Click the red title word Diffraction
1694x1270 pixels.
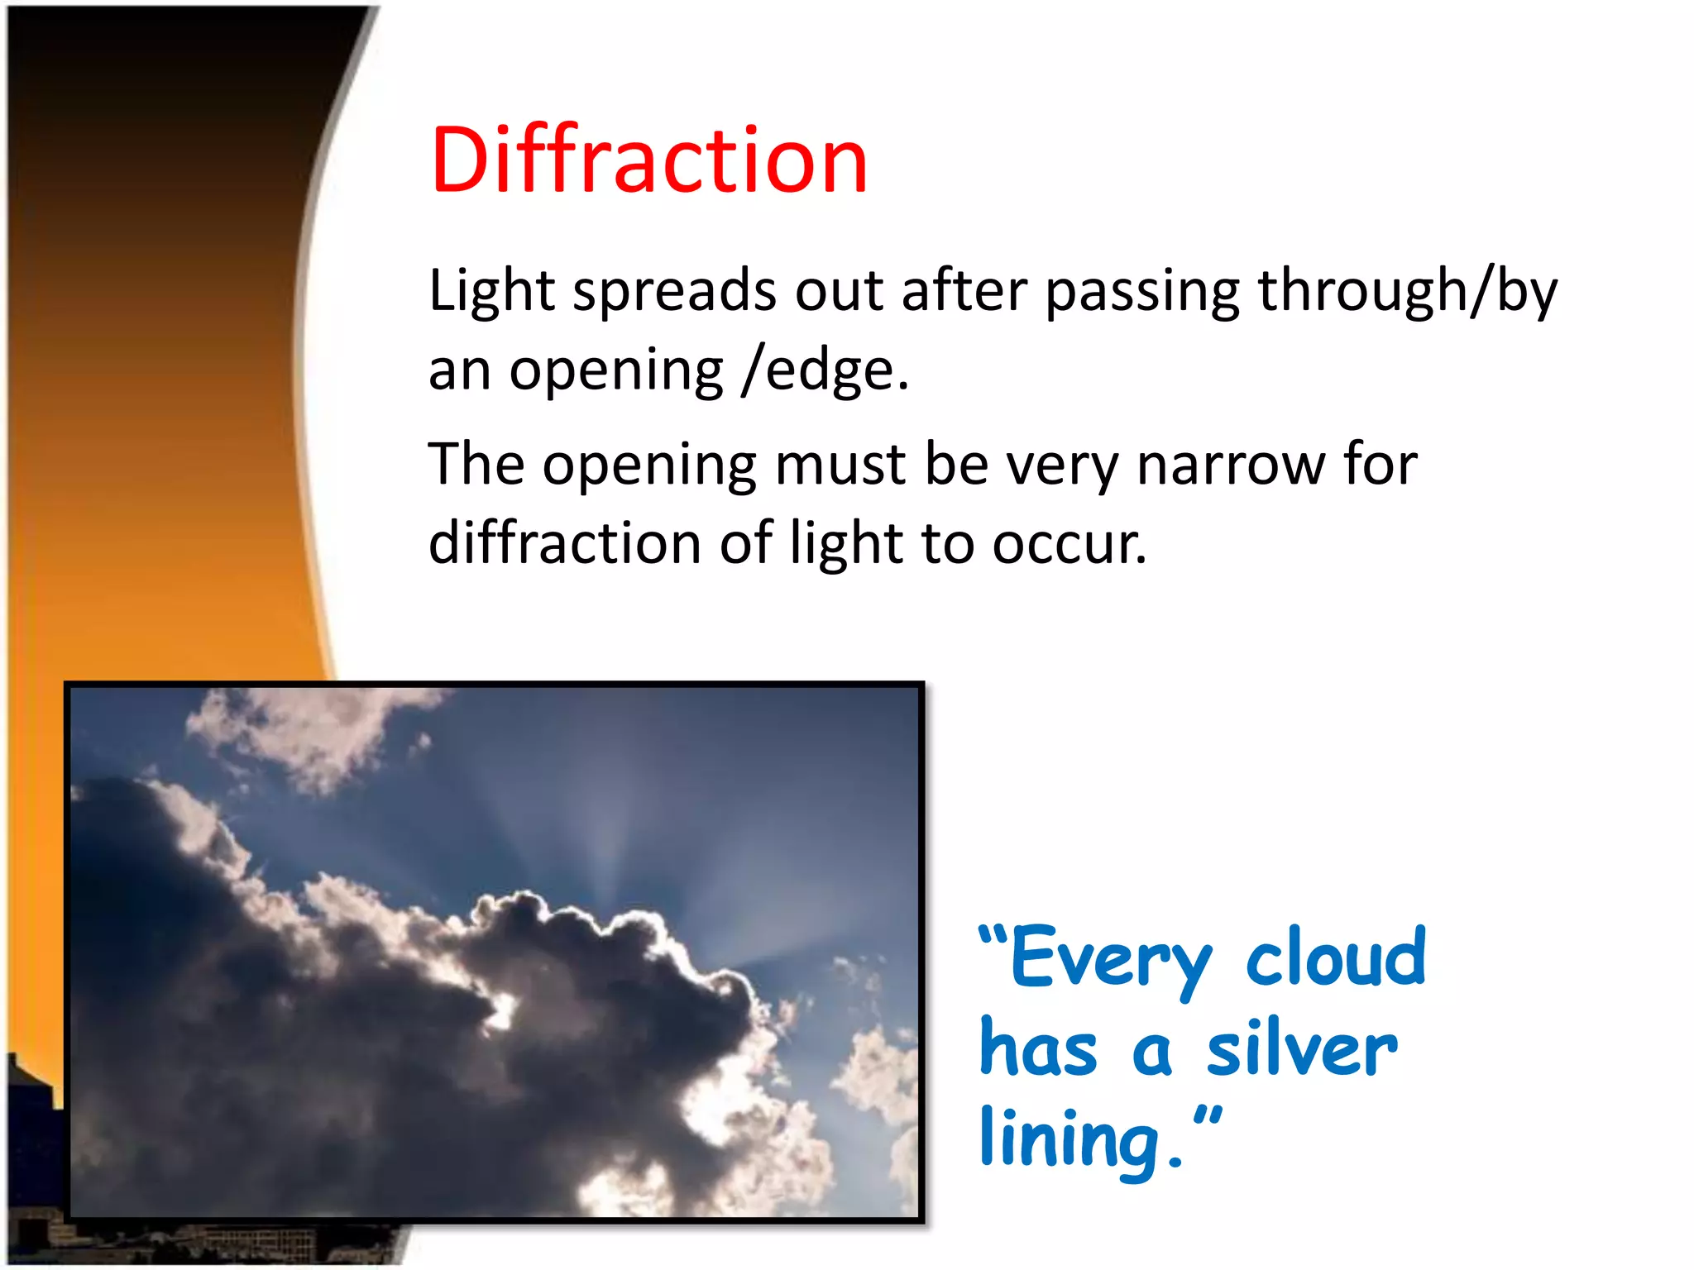click(x=648, y=161)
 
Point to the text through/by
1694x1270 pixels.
click(x=1407, y=292)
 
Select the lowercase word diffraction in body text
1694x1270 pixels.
click(x=565, y=543)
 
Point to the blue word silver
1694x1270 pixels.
click(x=1302, y=1048)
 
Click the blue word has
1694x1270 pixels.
click(x=1038, y=1048)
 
